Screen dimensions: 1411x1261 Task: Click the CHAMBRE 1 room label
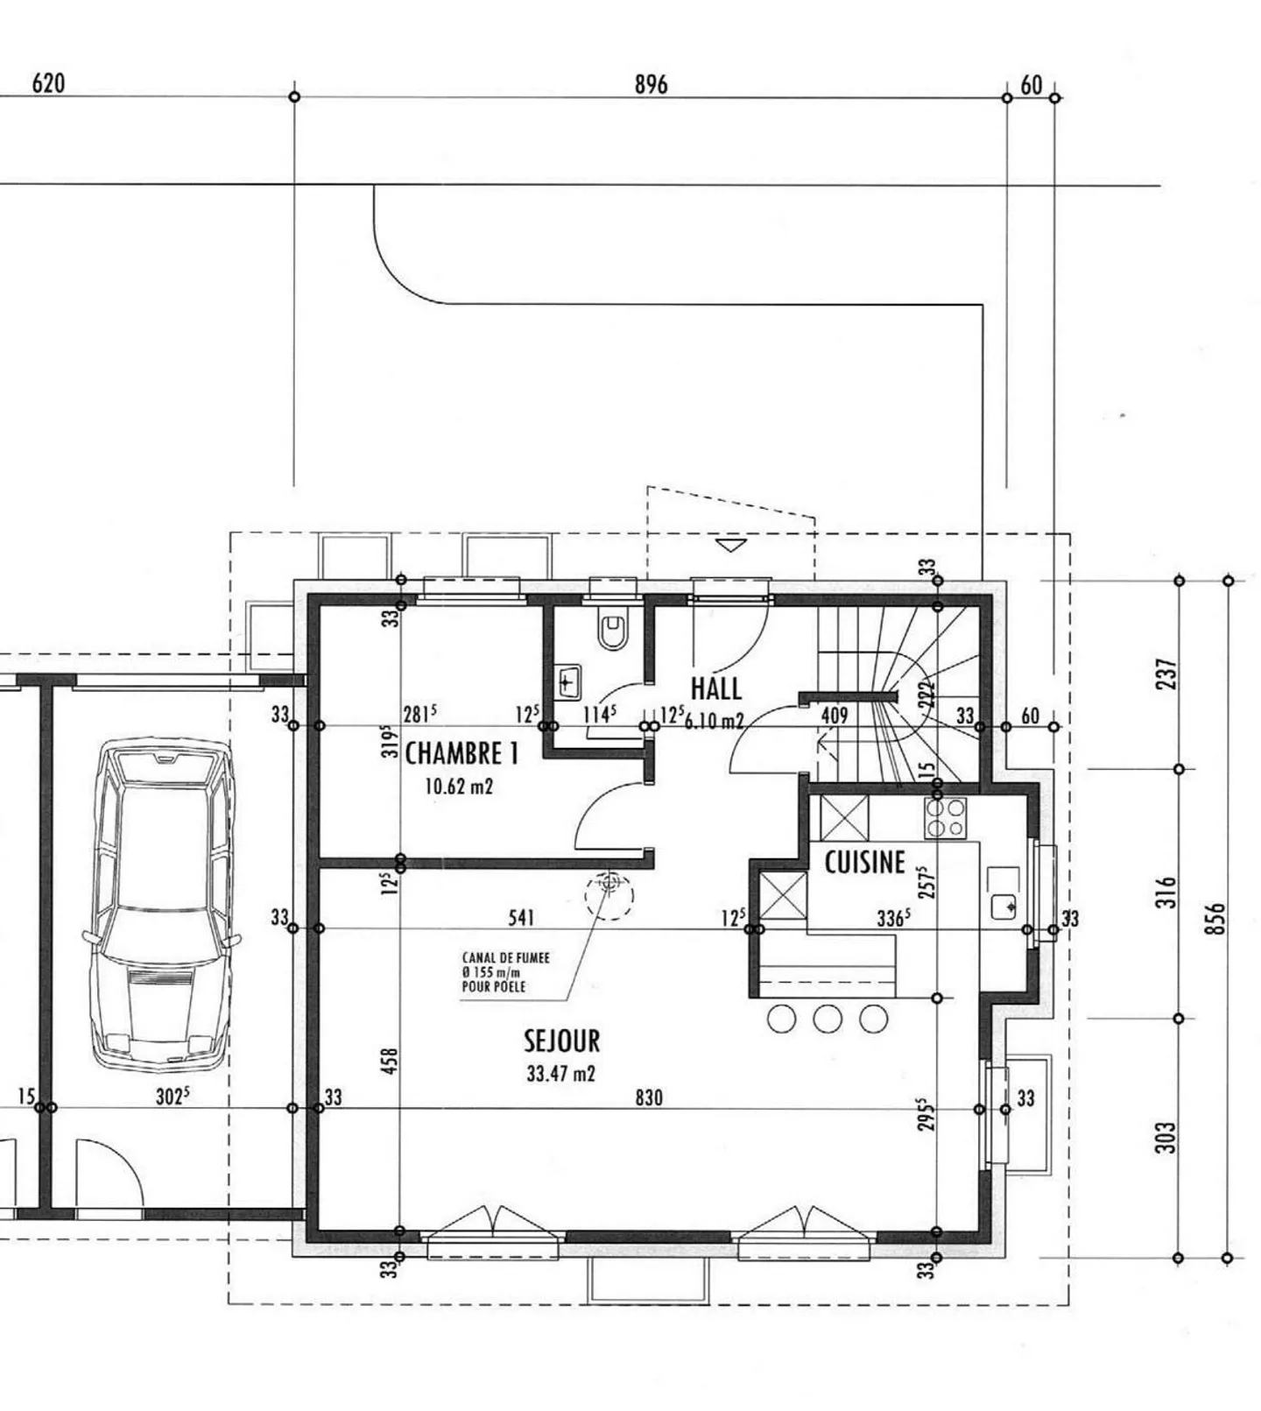click(x=461, y=753)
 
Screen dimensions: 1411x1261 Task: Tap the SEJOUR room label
click(x=561, y=1041)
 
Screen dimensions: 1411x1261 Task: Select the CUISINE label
click(x=864, y=863)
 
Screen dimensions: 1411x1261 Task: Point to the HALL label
click(x=715, y=688)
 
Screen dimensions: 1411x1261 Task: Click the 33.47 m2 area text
click(x=560, y=1073)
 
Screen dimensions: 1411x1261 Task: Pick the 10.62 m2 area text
click(x=459, y=787)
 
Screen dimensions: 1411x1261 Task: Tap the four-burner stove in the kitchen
click(x=945, y=819)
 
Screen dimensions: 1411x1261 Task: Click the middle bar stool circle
click(x=828, y=1019)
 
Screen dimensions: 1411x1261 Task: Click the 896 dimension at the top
click(x=651, y=84)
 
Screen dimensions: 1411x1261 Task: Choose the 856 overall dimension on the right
click(x=1216, y=920)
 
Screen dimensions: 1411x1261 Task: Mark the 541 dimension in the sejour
click(x=521, y=918)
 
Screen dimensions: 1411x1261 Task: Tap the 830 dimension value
click(x=649, y=1097)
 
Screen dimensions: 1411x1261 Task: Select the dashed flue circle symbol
click(x=609, y=895)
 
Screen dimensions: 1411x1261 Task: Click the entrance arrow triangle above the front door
click(x=729, y=545)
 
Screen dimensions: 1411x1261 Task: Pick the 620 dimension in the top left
click(x=48, y=84)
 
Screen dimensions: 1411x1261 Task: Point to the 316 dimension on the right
click(x=1167, y=892)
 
